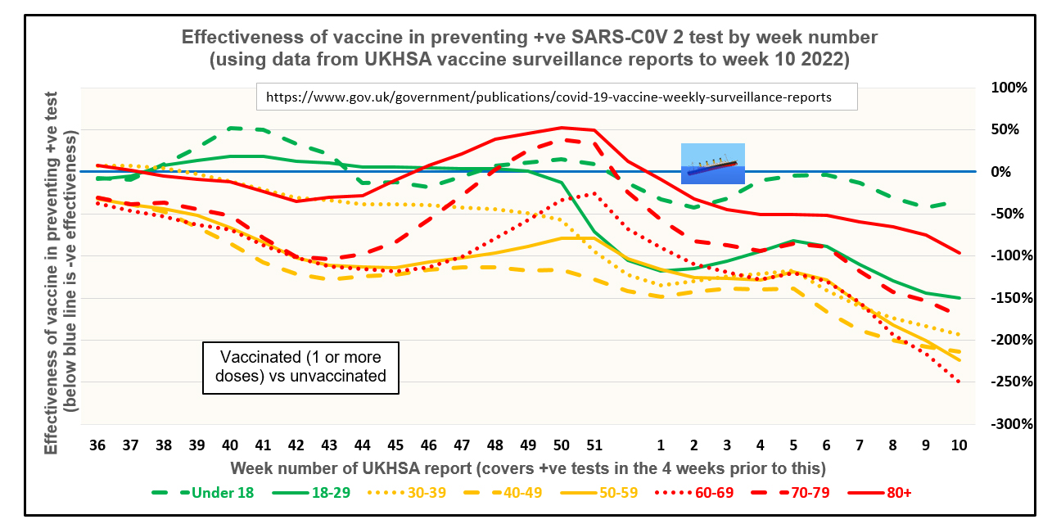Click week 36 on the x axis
click(97, 445)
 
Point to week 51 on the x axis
click(594, 445)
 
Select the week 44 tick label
click(363, 445)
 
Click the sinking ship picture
click(713, 163)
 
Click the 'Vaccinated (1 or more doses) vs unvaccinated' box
click(300, 367)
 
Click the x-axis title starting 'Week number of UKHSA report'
click(527, 468)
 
